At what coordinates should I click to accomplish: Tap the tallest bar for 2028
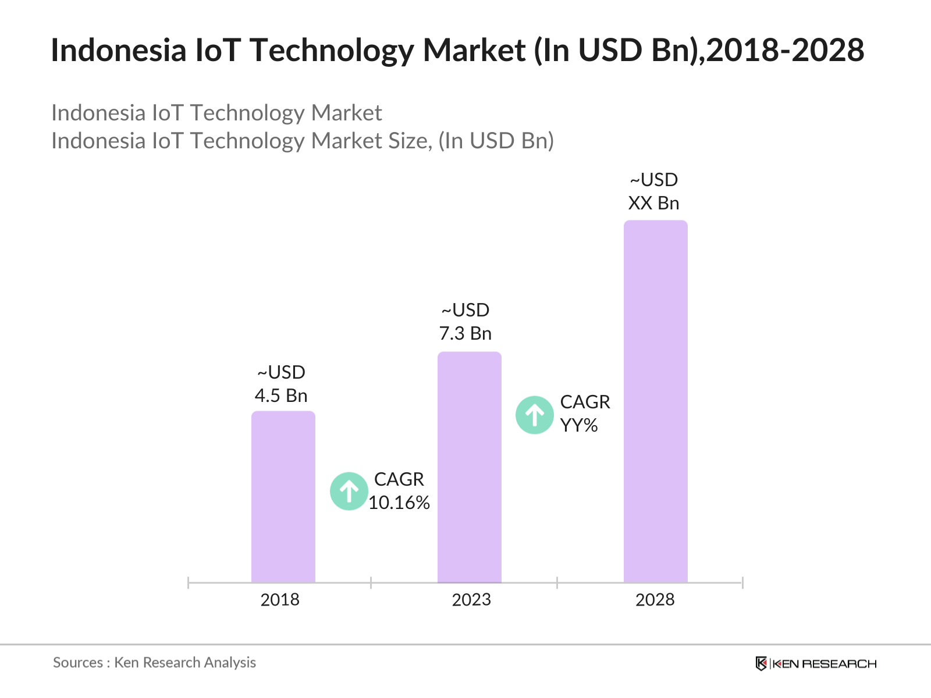pyautogui.click(x=655, y=401)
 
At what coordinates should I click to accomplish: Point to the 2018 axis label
pyautogui.click(x=280, y=600)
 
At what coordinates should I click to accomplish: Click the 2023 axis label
pyautogui.click(x=471, y=600)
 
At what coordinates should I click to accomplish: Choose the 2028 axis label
pyautogui.click(x=655, y=600)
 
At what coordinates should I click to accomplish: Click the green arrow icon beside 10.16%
pyautogui.click(x=349, y=492)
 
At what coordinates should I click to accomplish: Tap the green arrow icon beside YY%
pyautogui.click(x=534, y=415)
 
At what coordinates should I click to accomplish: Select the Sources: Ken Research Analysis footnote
pyautogui.click(x=154, y=663)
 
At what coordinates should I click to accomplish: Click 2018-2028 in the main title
pyautogui.click(x=786, y=50)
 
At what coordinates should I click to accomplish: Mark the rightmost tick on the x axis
pyautogui.click(x=742, y=582)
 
